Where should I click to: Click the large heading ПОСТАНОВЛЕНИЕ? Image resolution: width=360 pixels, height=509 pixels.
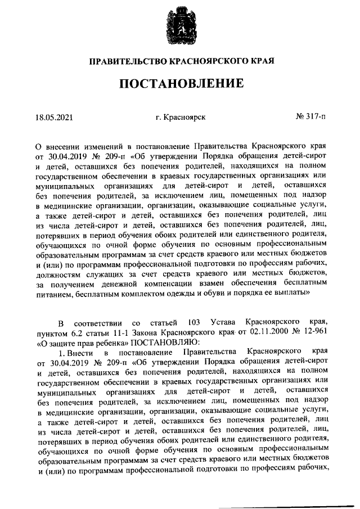[181, 84]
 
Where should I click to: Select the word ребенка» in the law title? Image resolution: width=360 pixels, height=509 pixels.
[112, 342]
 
